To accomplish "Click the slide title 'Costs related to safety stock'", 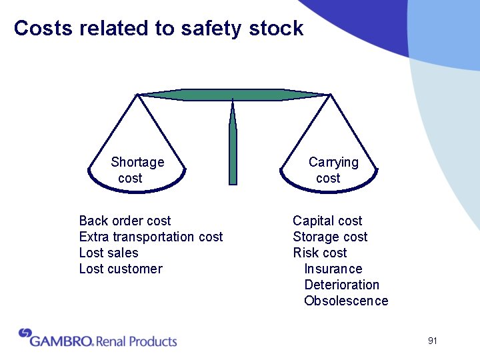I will [x=158, y=29].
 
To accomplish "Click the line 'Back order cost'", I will [x=125, y=221].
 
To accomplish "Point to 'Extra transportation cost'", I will [x=151, y=237].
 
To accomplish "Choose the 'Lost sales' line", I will [x=109, y=253].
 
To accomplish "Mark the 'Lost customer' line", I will [x=121, y=269].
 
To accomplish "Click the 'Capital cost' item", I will [x=327, y=221].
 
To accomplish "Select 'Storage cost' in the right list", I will [x=330, y=237].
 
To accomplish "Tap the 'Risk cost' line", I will [x=320, y=253].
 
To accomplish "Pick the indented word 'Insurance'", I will [x=333, y=269].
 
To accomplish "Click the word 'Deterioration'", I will [x=341, y=285].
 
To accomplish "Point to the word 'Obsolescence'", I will [x=345, y=301].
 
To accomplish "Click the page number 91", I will [x=433, y=341].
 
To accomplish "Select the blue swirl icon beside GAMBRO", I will [x=25, y=333].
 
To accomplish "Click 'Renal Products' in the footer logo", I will [x=137, y=341].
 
